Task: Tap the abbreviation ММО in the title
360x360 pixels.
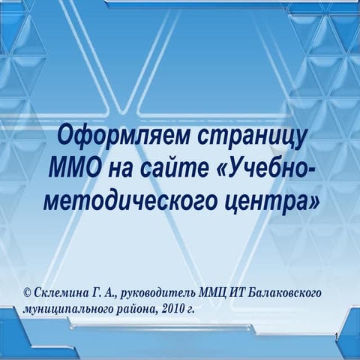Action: (73, 170)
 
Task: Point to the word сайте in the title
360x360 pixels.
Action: (179, 170)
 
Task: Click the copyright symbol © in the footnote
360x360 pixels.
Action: (28, 292)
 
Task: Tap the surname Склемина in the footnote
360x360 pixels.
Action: (61, 292)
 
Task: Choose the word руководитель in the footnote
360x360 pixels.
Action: (163, 292)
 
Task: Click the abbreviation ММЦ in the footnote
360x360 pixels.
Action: (217, 292)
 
